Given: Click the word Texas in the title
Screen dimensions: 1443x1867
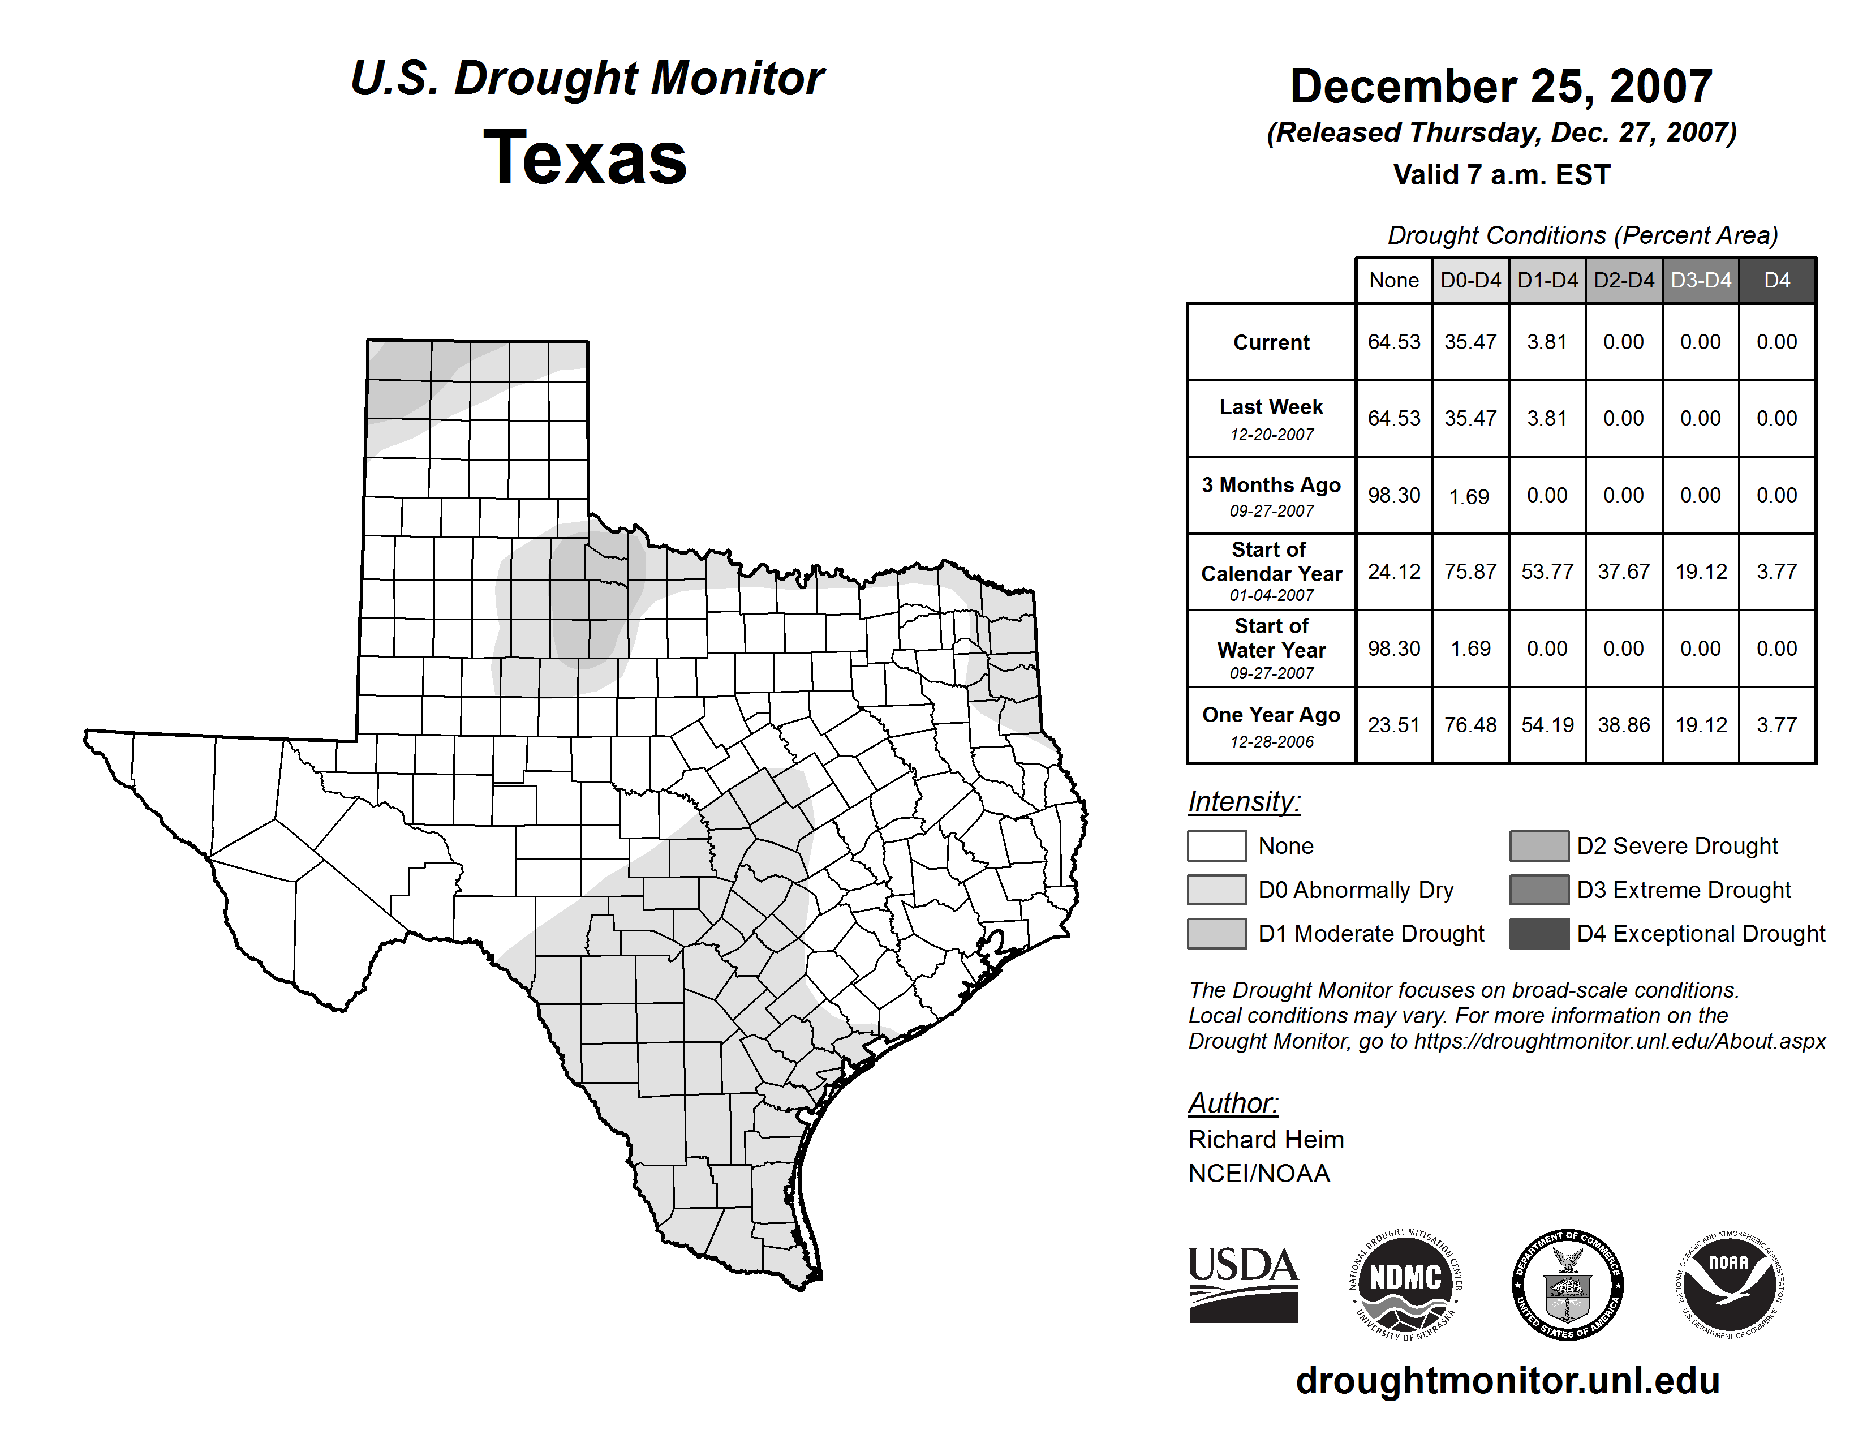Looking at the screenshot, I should [x=585, y=158].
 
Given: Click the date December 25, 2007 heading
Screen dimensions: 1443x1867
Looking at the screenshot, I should [x=1500, y=87].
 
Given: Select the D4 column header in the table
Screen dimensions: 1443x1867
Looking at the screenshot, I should [x=1776, y=280].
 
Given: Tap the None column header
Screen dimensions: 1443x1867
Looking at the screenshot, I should [x=1393, y=280].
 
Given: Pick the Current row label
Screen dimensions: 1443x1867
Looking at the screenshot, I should [x=1271, y=342].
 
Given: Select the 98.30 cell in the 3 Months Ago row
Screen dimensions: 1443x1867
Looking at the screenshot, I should [x=1393, y=495].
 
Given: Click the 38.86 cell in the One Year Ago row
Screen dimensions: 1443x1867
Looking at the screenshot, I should [x=1623, y=725].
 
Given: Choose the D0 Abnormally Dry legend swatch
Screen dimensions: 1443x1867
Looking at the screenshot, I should [x=1216, y=889].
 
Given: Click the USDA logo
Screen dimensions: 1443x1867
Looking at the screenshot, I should [x=1243, y=1284].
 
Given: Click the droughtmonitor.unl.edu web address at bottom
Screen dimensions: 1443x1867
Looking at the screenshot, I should [x=1507, y=1381].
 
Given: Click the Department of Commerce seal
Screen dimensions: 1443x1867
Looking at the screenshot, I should [x=1567, y=1284].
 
